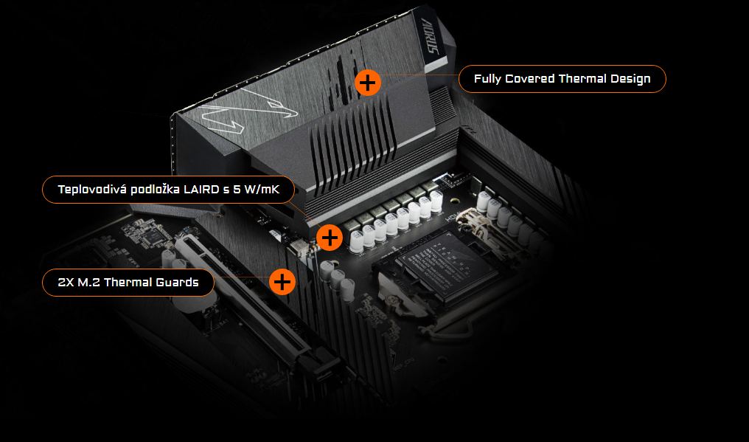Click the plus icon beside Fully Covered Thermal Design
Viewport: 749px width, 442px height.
pos(367,81)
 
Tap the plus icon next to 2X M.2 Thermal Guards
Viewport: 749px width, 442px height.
pos(282,282)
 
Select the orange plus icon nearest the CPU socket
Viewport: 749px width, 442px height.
pos(330,237)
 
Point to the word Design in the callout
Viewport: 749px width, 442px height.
pos(630,79)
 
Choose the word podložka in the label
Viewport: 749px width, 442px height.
pos(157,190)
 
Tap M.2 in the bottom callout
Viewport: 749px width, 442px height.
pos(93,283)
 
